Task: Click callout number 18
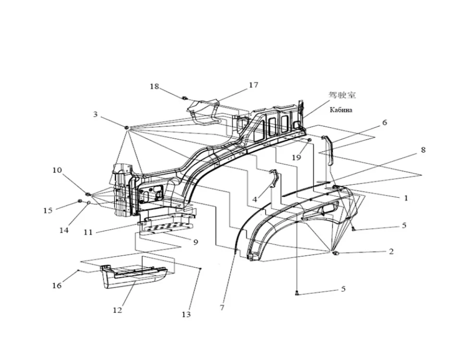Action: click(154, 86)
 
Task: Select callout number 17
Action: click(254, 85)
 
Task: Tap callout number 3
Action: click(96, 114)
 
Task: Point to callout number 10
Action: click(57, 170)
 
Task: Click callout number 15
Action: click(48, 210)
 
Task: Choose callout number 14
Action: click(64, 230)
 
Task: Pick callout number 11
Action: click(87, 232)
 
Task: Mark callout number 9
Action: click(195, 242)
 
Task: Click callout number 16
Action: click(57, 286)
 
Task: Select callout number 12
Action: click(117, 310)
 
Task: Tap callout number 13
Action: click(186, 314)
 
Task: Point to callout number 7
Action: click(222, 308)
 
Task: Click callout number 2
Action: click(391, 251)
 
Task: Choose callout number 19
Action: click(296, 157)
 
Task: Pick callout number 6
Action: click(385, 122)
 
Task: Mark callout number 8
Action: click(423, 150)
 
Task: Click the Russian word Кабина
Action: click(341, 110)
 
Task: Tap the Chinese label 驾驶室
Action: click(342, 95)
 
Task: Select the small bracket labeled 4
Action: click(274, 180)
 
